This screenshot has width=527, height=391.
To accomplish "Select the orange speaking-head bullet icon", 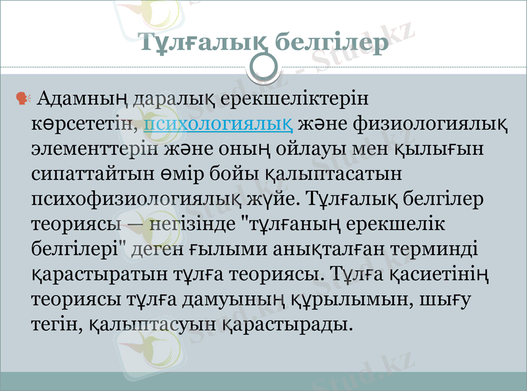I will click(22, 99).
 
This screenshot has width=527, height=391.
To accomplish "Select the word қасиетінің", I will click(445, 273).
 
